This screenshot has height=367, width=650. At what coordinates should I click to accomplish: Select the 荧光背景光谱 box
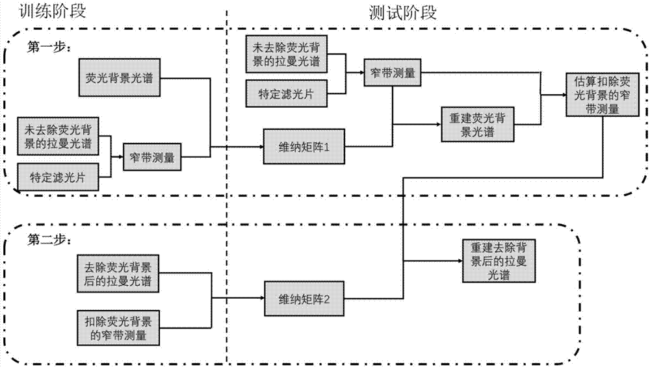120,78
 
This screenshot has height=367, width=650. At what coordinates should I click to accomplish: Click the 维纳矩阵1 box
302,148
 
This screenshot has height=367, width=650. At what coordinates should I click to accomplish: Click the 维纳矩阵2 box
302,299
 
